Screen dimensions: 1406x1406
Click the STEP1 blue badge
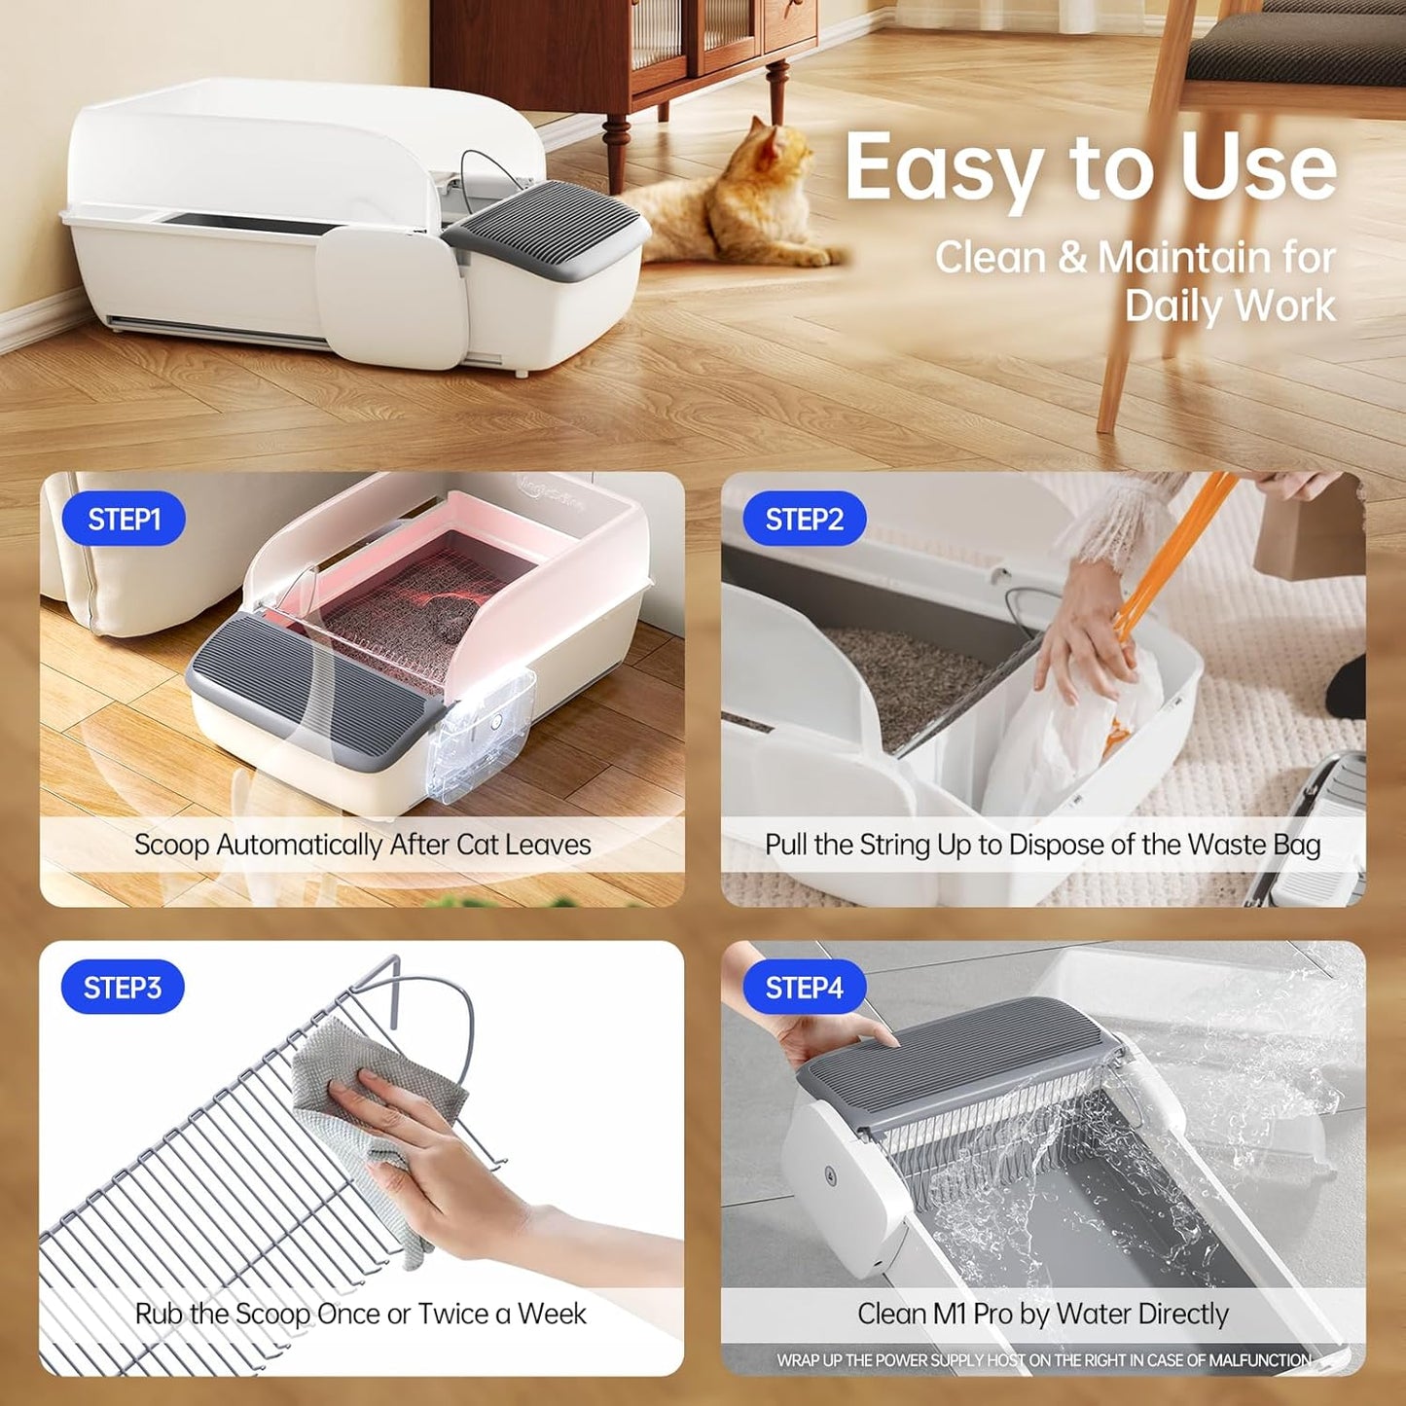click(124, 520)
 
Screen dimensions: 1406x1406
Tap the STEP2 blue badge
click(804, 520)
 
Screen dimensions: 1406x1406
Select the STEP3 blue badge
click(123, 988)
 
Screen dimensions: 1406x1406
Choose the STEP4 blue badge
click(804, 988)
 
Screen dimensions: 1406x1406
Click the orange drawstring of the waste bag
click(1168, 555)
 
